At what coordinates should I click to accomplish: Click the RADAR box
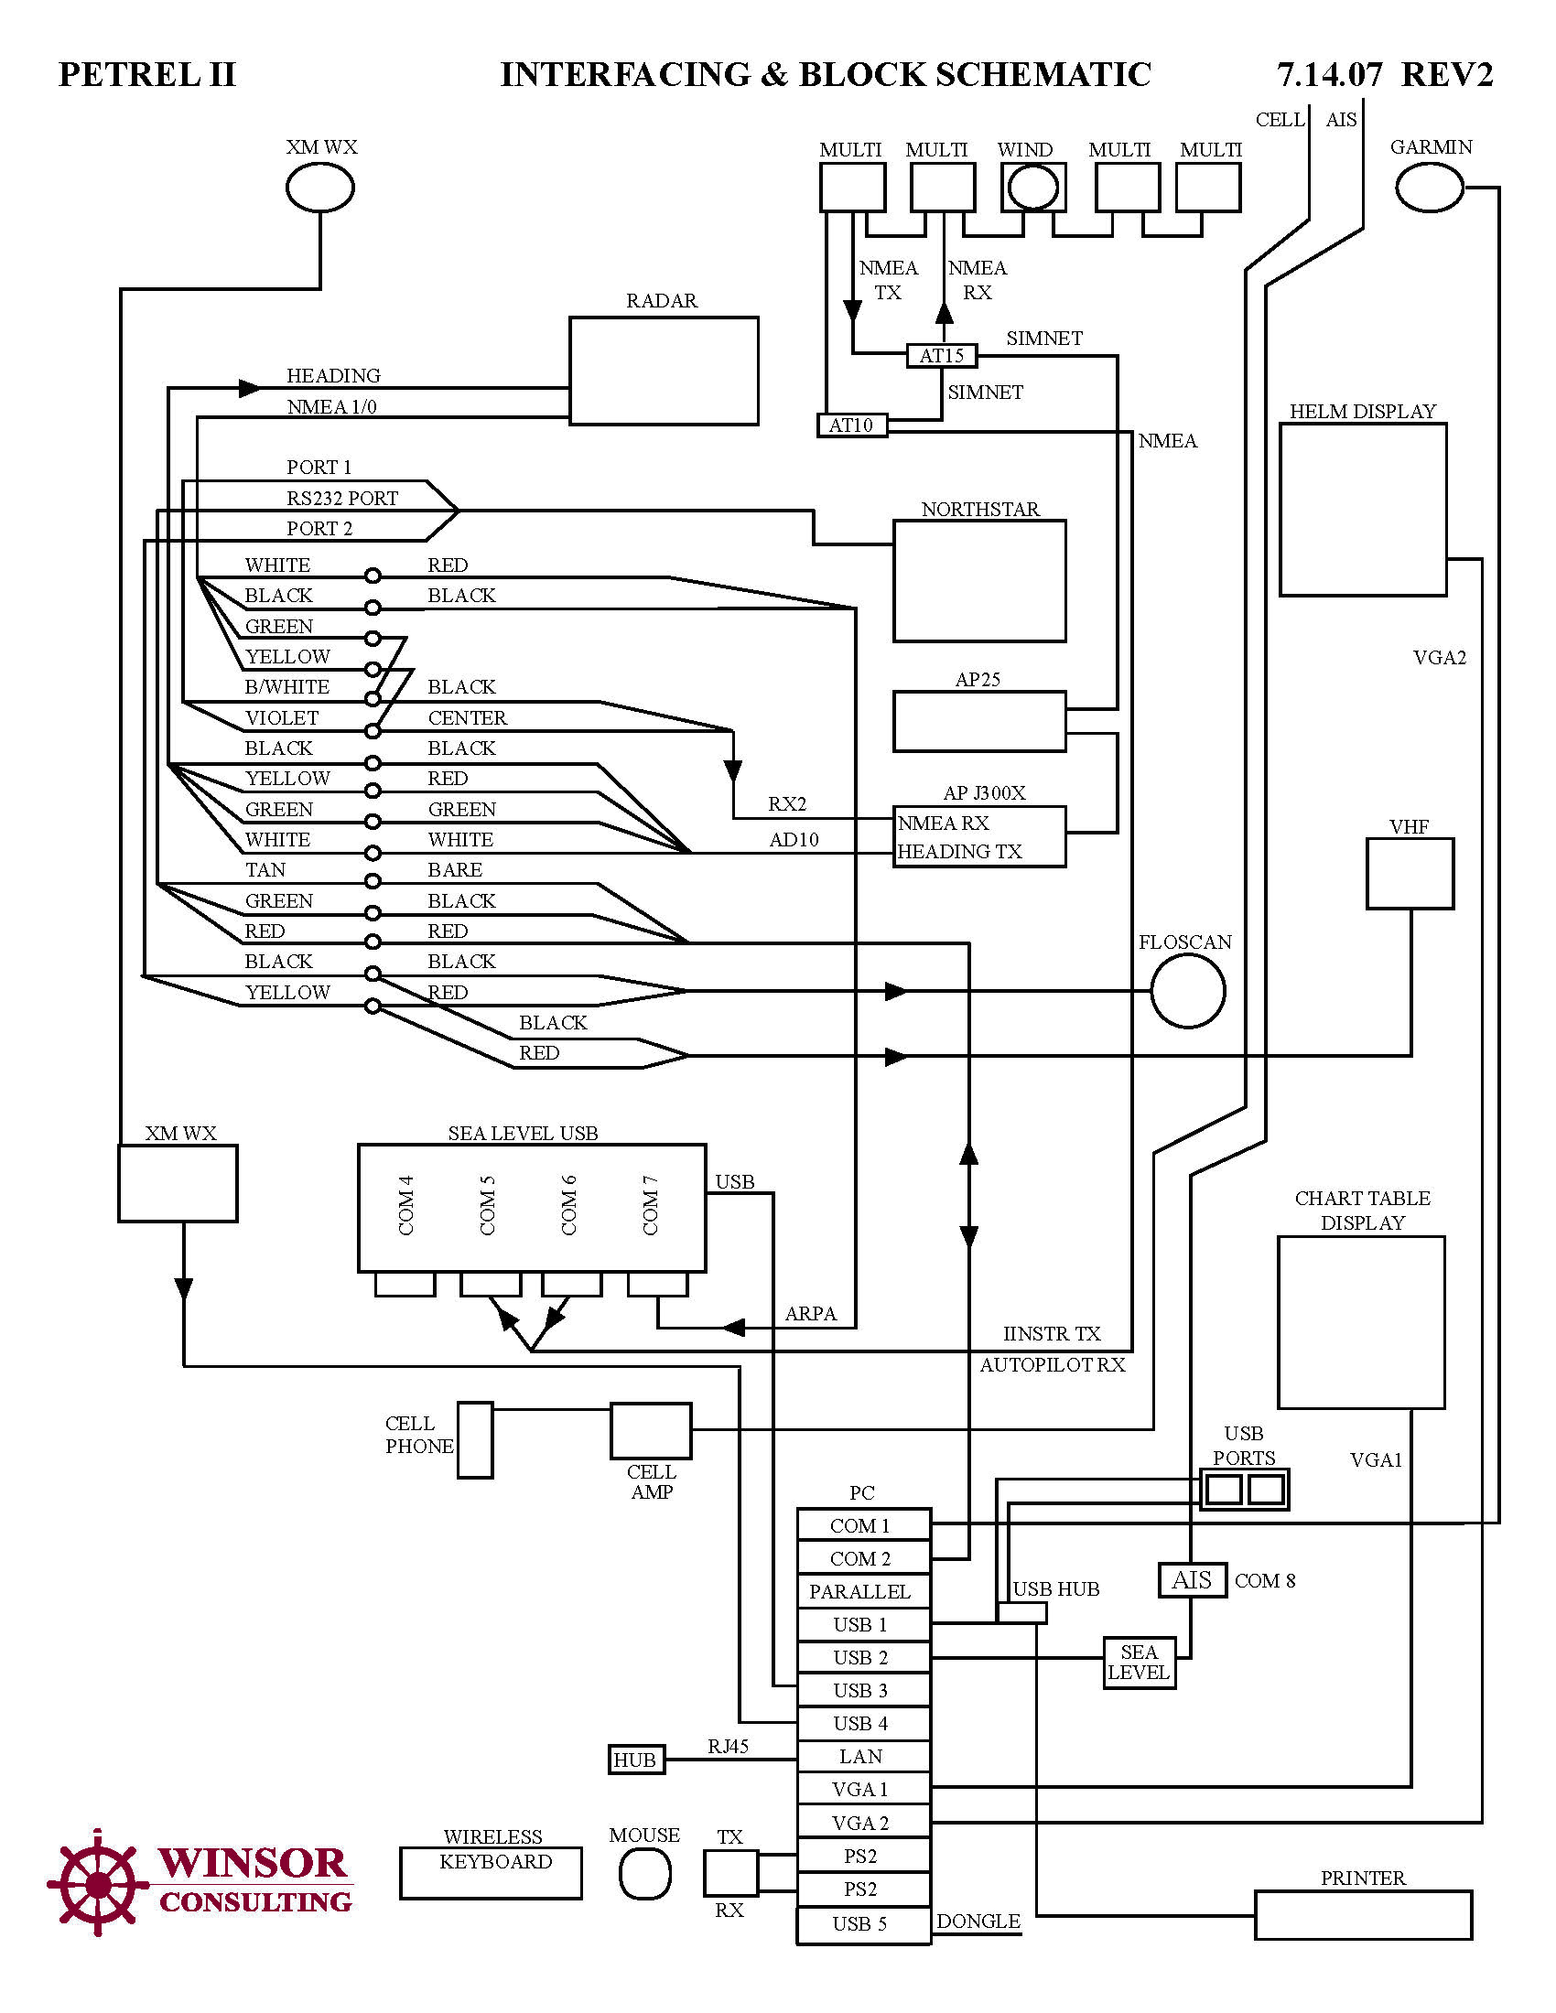[663, 371]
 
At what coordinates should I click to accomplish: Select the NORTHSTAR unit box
[979, 581]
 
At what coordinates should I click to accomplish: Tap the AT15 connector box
[940, 355]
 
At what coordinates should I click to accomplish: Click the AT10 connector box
[851, 425]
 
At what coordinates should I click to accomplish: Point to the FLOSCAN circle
[1187, 991]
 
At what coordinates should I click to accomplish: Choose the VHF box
[1410, 873]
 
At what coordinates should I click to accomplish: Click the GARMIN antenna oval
[1429, 187]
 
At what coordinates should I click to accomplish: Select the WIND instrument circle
[1032, 188]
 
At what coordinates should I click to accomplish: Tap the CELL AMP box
[651, 1430]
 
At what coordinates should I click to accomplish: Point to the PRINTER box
[1363, 1914]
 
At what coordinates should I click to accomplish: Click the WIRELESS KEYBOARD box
[491, 1873]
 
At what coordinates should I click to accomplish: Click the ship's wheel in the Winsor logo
[97, 1882]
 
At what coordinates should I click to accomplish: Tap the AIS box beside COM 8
[1192, 1580]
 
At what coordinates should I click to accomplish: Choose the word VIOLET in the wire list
[281, 718]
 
